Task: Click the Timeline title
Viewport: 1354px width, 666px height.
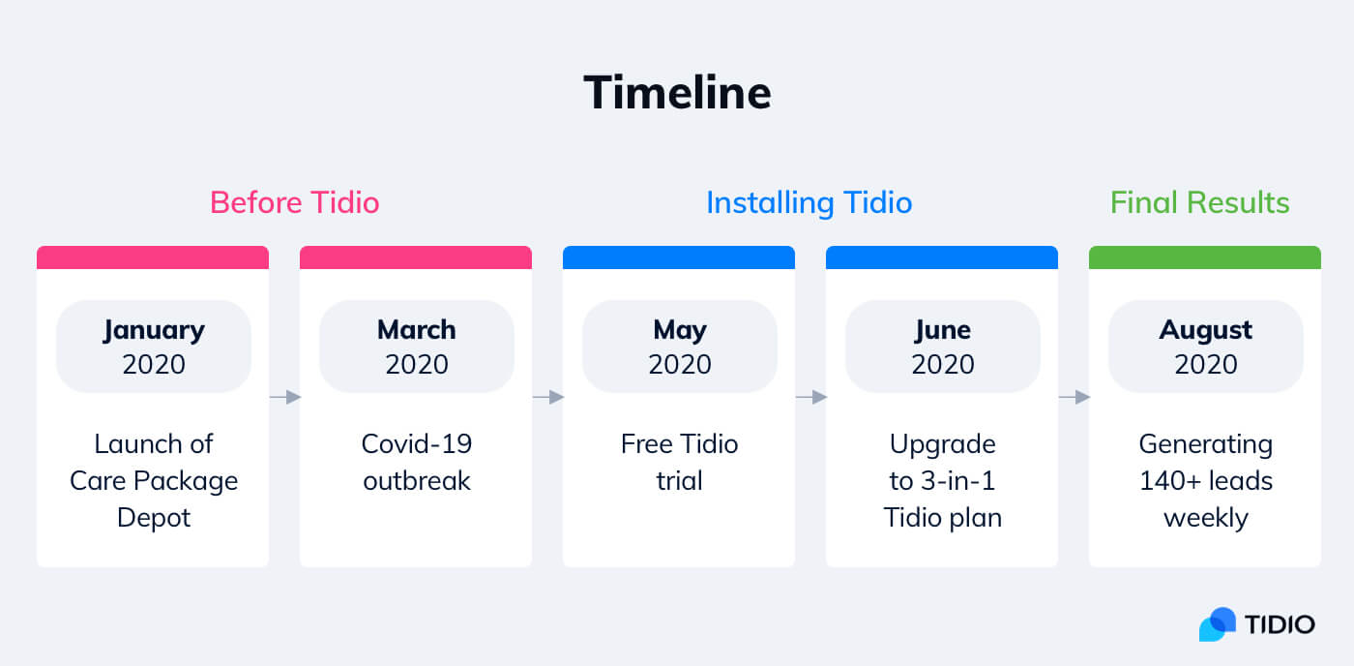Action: coord(677,93)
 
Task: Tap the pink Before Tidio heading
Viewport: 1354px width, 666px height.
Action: coord(294,202)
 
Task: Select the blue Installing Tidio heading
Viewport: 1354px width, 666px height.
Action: coord(809,202)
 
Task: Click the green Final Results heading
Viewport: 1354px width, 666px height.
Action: coord(1199,202)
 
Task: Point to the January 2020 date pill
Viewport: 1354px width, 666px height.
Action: coord(154,347)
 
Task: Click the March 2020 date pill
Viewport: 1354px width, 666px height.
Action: coord(417,347)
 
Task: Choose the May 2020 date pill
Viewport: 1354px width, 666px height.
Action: coord(680,347)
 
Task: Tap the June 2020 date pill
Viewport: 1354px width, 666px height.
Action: coord(943,347)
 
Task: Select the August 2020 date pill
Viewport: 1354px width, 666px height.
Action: coord(1206,347)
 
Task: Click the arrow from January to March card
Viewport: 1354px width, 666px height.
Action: coord(284,397)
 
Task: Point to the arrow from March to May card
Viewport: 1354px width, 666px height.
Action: coord(547,397)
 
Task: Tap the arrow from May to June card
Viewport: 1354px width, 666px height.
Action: coord(810,397)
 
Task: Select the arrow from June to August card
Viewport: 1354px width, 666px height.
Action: coord(1074,397)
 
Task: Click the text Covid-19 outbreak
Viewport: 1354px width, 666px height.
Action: coord(417,462)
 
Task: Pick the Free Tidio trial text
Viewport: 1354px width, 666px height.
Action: coord(680,462)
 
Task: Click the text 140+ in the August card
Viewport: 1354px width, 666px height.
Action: coord(1168,481)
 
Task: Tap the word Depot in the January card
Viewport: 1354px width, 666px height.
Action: coord(154,517)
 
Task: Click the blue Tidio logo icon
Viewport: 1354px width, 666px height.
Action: coord(1218,624)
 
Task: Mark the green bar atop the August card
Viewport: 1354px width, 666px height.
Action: coord(1205,257)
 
